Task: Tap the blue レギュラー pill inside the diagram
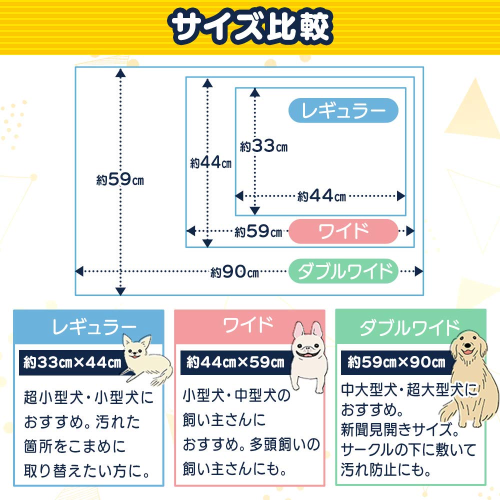point(343,110)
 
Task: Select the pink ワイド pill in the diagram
point(343,231)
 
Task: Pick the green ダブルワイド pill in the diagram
point(343,271)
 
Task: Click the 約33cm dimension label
point(263,146)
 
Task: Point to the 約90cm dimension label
point(234,272)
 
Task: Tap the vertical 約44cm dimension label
point(211,162)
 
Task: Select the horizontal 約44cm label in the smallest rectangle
point(321,196)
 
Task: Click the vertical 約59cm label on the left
point(120,179)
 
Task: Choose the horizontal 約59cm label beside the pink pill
point(258,231)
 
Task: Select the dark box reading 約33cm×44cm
point(72,362)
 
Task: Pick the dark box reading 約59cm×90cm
point(397,362)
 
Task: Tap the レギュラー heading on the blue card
point(94,327)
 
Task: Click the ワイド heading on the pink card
point(248,325)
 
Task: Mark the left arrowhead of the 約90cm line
point(79,271)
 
